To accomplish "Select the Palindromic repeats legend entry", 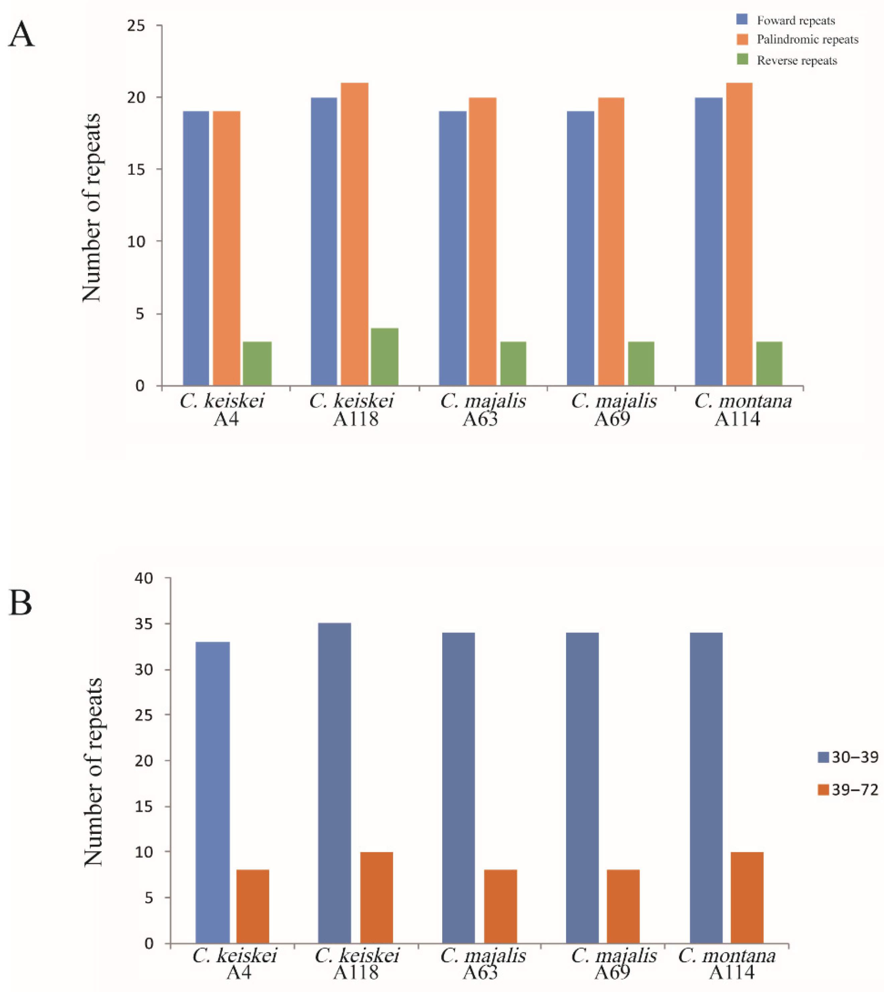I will pyautogui.click(x=807, y=40).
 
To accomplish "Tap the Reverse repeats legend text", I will pyautogui.click(x=797, y=61).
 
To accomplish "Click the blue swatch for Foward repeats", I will pyautogui.click(x=742, y=19).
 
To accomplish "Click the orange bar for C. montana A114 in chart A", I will pyautogui.click(x=739, y=234).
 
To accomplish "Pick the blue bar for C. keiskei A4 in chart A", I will pyautogui.click(x=196, y=248).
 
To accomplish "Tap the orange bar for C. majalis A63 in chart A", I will pyautogui.click(x=482, y=241).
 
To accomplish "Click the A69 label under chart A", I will pyautogui.click(x=612, y=418).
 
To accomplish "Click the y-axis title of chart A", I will pyautogui.click(x=91, y=207).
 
